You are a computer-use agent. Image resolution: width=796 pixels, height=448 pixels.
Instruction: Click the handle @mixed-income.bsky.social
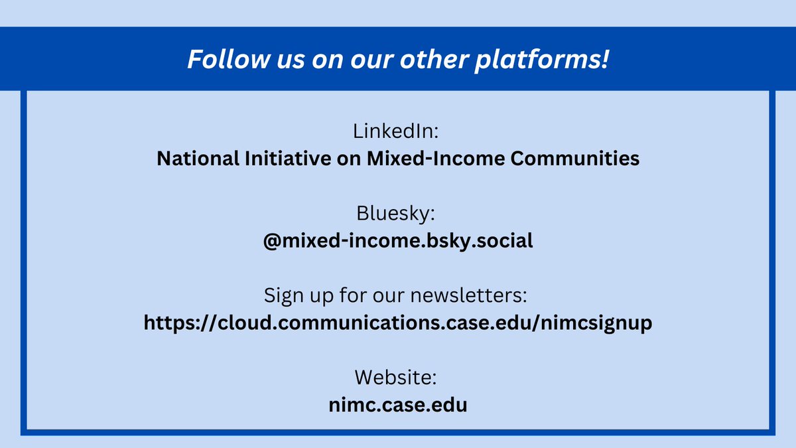click(x=397, y=240)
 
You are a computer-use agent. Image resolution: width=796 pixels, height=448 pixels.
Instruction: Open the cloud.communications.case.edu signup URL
click(x=397, y=323)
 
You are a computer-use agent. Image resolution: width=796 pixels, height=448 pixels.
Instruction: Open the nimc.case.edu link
click(x=397, y=405)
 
